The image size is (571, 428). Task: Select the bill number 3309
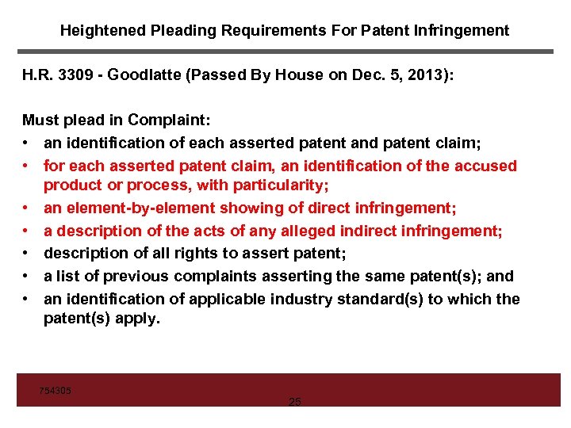coord(76,75)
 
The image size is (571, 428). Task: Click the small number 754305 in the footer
coord(56,391)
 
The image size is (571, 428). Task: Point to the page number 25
coord(294,403)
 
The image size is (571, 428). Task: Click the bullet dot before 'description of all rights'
coord(26,254)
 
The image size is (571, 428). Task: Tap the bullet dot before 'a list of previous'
coord(26,277)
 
